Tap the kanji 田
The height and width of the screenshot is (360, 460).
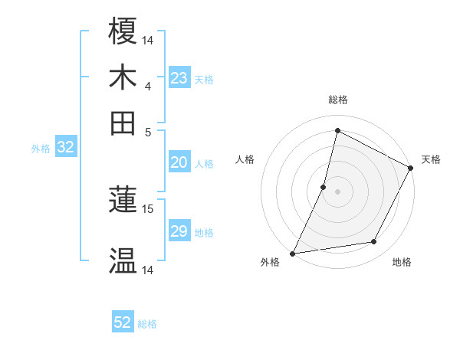123,123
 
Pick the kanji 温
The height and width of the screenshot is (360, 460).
123,260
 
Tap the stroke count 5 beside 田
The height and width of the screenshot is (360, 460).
148,132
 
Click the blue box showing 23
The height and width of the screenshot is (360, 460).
179,78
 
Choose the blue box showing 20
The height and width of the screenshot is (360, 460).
179,162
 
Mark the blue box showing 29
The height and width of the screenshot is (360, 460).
179,231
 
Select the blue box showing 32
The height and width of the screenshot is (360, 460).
65,148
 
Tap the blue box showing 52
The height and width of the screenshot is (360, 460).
123,322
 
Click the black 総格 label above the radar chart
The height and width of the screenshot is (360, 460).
337,100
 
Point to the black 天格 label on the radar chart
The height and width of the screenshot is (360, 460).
431,159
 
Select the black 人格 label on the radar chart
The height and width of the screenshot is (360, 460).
245,159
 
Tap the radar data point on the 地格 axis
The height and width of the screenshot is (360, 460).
374,242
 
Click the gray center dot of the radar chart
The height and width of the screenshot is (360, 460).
337,191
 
